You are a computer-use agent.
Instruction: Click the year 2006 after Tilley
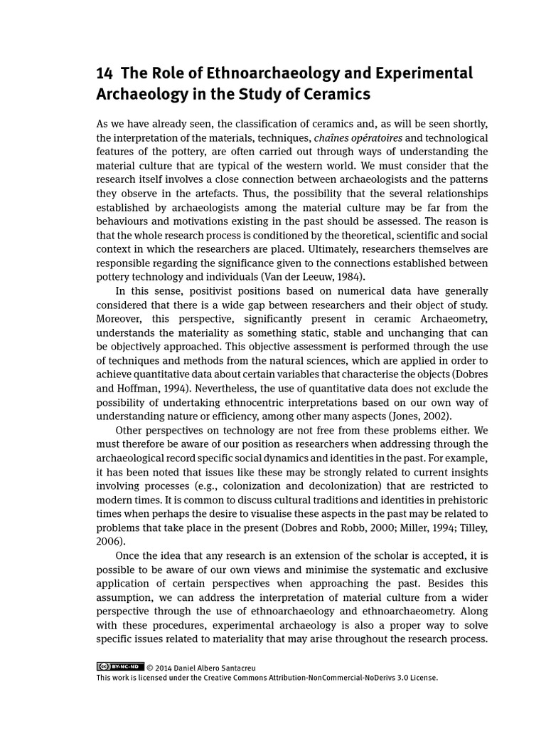tap(109, 541)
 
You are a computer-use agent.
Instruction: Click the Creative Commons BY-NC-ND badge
tap(120, 667)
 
